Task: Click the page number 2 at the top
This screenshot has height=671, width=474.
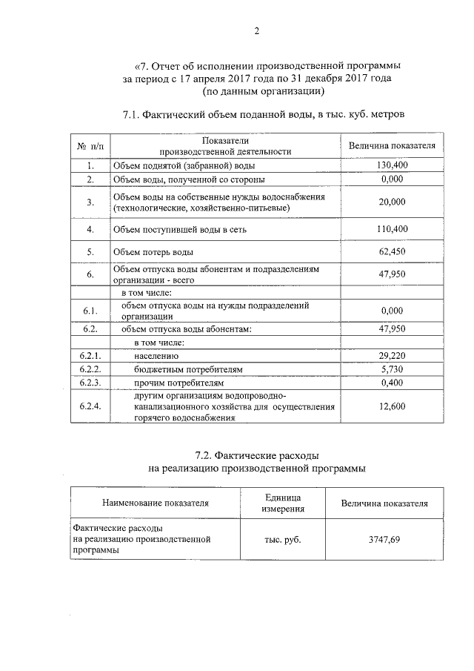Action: click(x=257, y=30)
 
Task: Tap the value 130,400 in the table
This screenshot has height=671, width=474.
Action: click(x=392, y=165)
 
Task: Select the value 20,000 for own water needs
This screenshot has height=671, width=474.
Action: click(x=392, y=202)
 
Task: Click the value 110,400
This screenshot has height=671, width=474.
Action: click(x=392, y=230)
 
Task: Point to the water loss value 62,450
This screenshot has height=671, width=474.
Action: click(x=392, y=252)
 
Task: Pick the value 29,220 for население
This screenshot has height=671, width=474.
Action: click(x=392, y=355)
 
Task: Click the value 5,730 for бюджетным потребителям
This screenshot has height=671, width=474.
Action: click(x=392, y=368)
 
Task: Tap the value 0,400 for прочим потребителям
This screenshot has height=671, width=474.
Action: click(x=392, y=383)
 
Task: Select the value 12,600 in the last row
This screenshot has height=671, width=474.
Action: click(x=392, y=406)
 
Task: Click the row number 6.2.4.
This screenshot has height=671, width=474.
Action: click(x=90, y=406)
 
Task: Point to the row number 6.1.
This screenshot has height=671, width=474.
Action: click(x=90, y=309)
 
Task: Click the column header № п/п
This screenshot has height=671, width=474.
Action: click(x=90, y=145)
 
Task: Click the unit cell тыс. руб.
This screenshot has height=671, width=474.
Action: click(x=282, y=540)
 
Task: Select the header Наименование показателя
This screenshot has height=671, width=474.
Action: click(x=156, y=503)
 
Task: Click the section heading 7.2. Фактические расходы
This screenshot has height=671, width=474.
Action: click(x=256, y=454)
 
